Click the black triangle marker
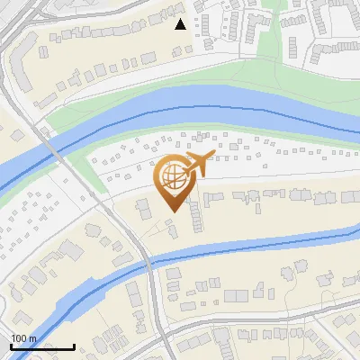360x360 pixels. coord(181,24)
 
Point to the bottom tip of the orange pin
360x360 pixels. coord(175,212)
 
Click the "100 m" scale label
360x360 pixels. coord(24,337)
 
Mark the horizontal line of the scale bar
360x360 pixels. coord(42,346)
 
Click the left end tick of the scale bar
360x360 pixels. coord(11,345)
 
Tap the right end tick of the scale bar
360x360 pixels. coord(74,345)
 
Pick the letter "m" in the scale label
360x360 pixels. coord(33,337)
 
